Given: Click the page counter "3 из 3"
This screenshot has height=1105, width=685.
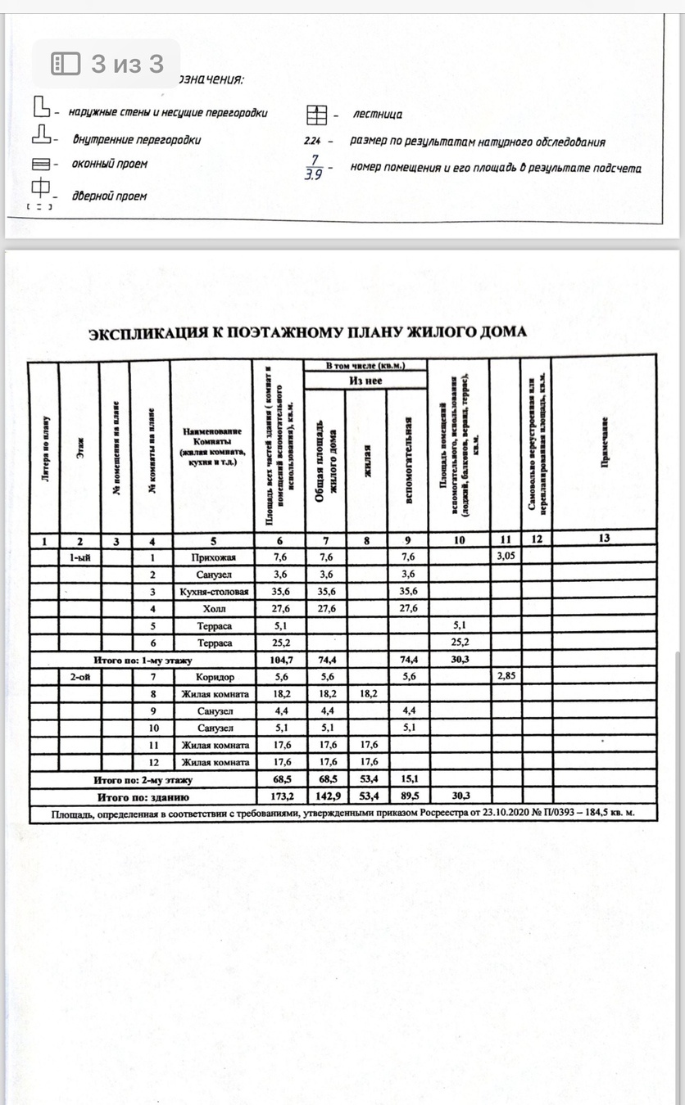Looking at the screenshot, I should pyautogui.click(x=107, y=64).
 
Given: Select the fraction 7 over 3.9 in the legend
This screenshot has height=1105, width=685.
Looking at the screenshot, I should pyautogui.click(x=312, y=168).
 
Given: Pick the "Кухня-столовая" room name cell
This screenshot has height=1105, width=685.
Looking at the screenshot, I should pyautogui.click(x=213, y=592).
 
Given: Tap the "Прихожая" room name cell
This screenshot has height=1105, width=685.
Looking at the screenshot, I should pyautogui.click(x=213, y=557).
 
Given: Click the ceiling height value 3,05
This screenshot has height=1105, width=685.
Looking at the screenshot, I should pyautogui.click(x=506, y=557).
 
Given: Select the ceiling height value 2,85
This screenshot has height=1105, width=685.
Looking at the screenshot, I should pyautogui.click(x=506, y=678).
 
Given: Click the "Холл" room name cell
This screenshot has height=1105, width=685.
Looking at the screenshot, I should pyautogui.click(x=213, y=609).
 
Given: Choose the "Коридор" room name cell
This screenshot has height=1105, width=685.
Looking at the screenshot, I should pyautogui.click(x=213, y=678).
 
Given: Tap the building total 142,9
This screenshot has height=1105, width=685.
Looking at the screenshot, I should pyautogui.click(x=324, y=796).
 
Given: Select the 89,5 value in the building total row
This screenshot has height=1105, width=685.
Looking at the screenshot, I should pyautogui.click(x=407, y=796).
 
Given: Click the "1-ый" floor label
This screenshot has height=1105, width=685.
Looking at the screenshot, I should pyautogui.click(x=80, y=557).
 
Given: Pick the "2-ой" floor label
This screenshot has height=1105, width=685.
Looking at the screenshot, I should pyautogui.click(x=80, y=678).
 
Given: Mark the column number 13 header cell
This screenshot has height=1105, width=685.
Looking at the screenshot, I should pyautogui.click(x=605, y=539).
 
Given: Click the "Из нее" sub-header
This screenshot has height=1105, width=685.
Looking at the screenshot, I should pyautogui.click(x=365, y=381).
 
